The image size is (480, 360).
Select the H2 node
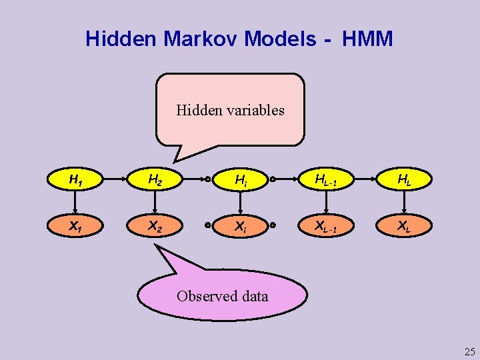click(155, 179)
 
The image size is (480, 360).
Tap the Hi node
click(240, 180)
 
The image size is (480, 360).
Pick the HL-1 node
click(325, 179)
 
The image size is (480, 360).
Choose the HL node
click(403, 179)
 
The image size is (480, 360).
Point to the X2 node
click(155, 225)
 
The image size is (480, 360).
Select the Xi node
click(240, 226)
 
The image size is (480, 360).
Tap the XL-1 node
click(325, 225)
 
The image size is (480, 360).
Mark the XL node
click(403, 225)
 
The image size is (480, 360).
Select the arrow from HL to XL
click(403, 202)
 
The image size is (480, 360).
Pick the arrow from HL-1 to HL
click(365, 179)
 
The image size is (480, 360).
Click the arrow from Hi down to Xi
click(240, 203)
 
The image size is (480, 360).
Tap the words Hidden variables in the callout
click(230, 110)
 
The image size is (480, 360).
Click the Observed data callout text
click(223, 296)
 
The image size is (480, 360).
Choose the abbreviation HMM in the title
click(367, 39)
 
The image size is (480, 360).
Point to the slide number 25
click(469, 351)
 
